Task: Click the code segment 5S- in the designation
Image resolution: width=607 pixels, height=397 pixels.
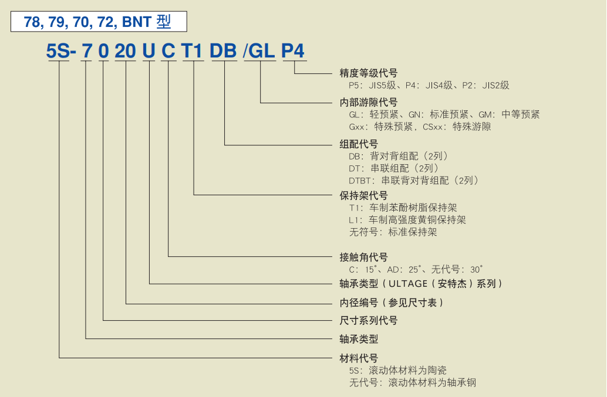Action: pos(61,52)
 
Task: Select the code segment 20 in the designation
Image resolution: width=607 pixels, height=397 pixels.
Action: pos(125,52)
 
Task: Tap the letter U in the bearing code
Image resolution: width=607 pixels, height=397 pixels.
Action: pos(149,52)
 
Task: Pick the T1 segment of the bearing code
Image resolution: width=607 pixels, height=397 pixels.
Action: pos(192,52)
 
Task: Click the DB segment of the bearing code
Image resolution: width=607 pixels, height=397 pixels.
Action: pos(223,52)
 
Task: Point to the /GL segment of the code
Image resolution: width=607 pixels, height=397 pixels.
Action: pos(259,52)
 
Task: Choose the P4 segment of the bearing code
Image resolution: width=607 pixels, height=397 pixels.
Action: pos(293,52)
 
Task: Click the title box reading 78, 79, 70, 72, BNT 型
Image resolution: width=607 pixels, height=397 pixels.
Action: pos(98,22)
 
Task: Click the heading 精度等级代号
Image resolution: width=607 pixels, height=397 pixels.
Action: pos(368,73)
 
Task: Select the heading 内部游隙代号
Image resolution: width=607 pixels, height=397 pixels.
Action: pos(368,102)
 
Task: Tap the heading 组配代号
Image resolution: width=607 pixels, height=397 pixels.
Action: pos(359,144)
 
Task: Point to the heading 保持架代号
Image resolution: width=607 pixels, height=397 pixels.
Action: pos(363,195)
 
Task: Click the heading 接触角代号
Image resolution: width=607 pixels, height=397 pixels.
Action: pos(363,257)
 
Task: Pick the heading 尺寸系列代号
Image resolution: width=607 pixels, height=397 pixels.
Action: pos(368,320)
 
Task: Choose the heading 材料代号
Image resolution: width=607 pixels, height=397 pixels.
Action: pos(359,358)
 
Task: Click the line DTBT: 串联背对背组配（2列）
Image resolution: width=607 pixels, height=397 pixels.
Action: pos(414,181)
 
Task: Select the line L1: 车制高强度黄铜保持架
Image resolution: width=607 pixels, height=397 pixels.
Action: pos(407,220)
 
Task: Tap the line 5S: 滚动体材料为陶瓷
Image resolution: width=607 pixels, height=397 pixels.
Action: pos(397,371)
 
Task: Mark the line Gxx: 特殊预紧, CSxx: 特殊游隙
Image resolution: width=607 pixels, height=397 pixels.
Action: pos(420,127)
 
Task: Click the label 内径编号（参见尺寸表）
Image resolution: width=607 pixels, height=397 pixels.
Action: pos(392,303)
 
